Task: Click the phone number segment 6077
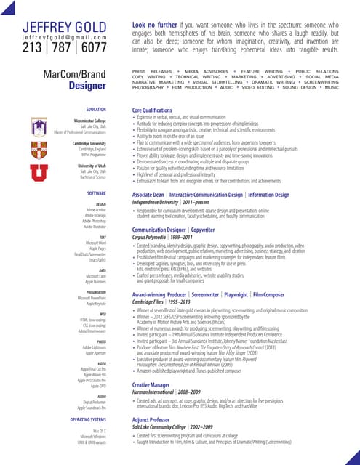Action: [93, 48]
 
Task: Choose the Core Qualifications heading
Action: [152, 110]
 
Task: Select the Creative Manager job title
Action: [151, 384]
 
